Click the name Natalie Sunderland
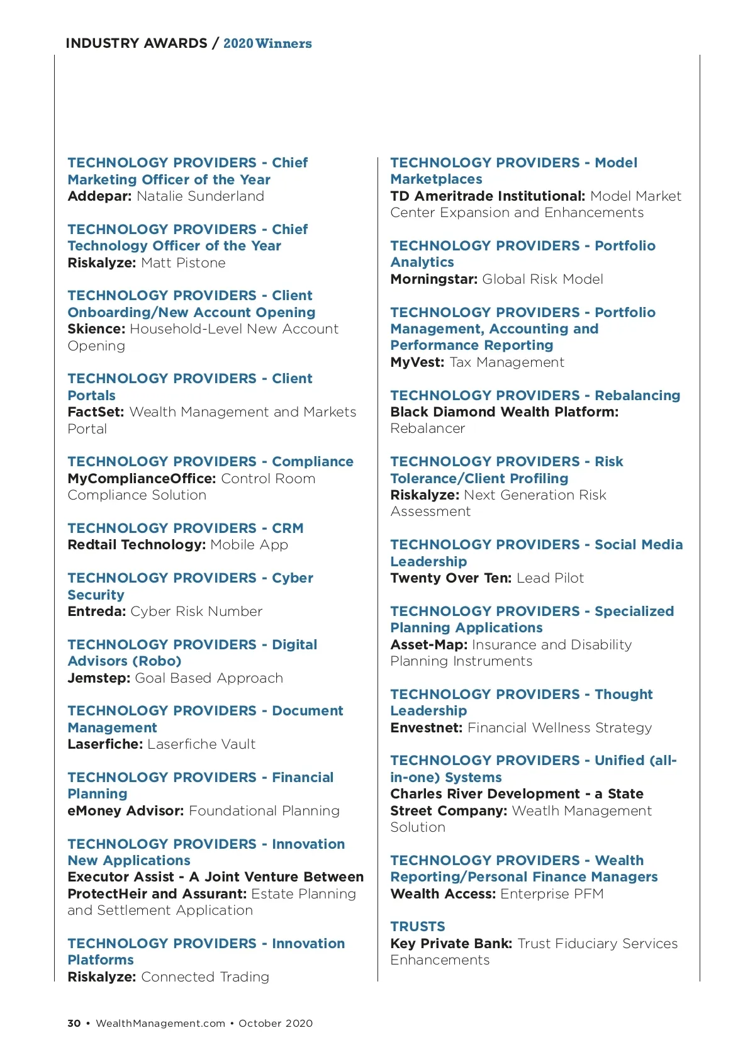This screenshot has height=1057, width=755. tap(200, 196)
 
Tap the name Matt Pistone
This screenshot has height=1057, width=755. tap(183, 263)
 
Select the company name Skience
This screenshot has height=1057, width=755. tap(96, 329)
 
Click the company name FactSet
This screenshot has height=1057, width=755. tap(96, 412)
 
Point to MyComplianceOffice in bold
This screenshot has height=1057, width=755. tap(142, 479)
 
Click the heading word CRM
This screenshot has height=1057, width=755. tap(288, 528)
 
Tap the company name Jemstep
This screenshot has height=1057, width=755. tap(99, 678)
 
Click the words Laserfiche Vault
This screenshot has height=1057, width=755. tap(201, 744)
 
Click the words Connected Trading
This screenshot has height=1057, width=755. tap(205, 977)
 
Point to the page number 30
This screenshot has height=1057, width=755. tap(74, 1024)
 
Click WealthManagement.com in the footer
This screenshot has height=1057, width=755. tap(160, 1024)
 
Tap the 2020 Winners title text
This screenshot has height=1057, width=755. tap(267, 43)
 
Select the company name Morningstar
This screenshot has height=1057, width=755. tap(433, 279)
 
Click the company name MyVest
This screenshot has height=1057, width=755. tap(417, 362)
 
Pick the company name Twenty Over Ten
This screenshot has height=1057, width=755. tap(450, 578)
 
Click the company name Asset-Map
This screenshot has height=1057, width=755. tap(428, 645)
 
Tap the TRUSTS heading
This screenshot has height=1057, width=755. tap(417, 927)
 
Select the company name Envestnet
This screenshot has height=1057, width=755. tap(426, 728)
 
